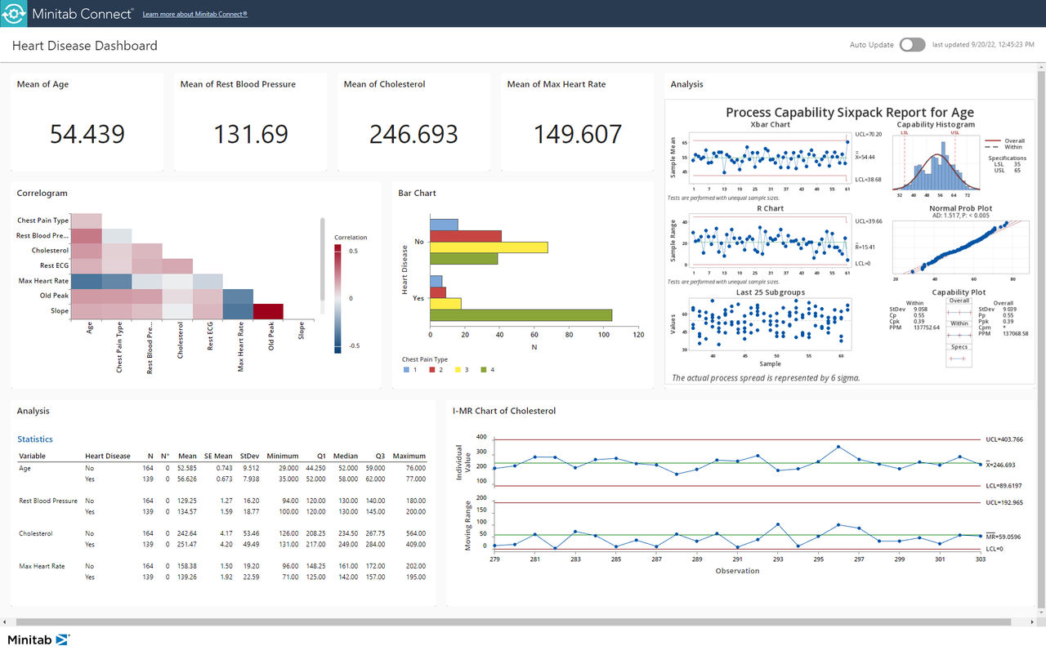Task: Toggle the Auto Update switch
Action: tap(912, 45)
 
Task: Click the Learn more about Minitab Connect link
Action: tap(194, 14)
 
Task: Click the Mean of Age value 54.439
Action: tap(87, 134)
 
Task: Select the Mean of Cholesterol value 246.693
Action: tap(413, 134)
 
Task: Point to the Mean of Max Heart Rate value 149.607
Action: tap(578, 134)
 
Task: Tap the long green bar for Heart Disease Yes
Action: tap(521, 315)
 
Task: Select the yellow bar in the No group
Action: tap(489, 247)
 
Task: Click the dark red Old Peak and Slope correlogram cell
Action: tap(268, 311)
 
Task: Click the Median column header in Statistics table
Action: tap(345, 456)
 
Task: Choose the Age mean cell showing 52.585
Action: tap(186, 468)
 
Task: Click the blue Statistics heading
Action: tap(35, 439)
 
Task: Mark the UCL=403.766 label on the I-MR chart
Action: tap(1004, 439)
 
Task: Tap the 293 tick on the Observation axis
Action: tap(778, 559)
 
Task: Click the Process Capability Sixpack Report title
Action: tap(849, 113)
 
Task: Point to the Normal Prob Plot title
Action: tap(960, 208)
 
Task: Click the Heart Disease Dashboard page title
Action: tap(85, 46)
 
